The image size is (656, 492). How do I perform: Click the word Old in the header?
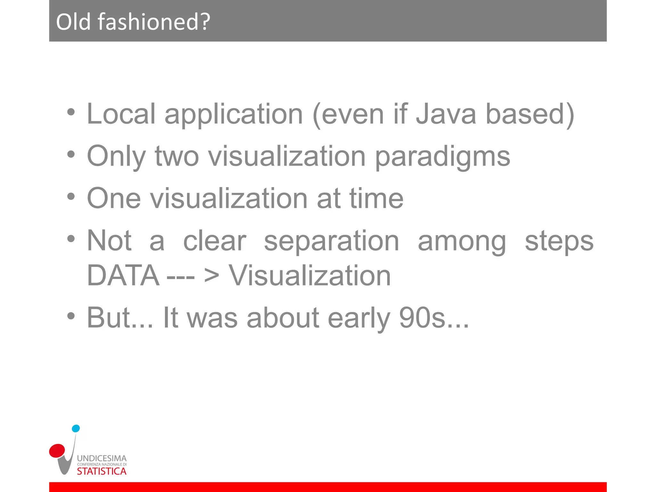pos(73,22)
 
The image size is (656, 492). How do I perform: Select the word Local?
pos(121,114)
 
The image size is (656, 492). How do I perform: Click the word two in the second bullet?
pos(177,157)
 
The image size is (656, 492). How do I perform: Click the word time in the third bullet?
pos(376,199)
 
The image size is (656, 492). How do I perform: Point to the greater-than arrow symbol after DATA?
pos(211,276)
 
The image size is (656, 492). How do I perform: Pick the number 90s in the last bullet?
pos(422,318)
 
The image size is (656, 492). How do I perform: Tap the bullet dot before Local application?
pos(71,112)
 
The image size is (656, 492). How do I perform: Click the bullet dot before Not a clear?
pos(71,239)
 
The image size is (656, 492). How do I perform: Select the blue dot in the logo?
pos(76,429)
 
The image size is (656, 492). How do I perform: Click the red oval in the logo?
pos(57,451)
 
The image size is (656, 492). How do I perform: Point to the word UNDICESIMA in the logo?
pos(102,458)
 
